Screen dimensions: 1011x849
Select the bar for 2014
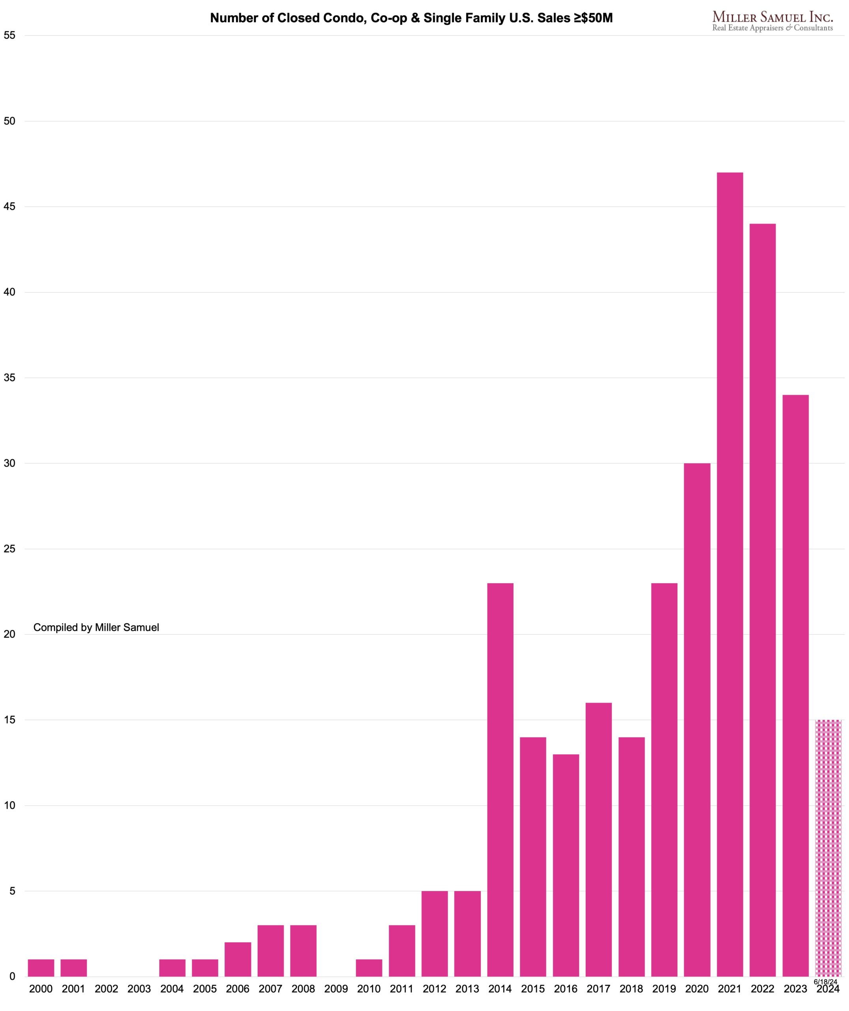click(500, 780)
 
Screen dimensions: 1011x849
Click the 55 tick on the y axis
click(9, 35)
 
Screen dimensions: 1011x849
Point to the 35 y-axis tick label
click(9, 378)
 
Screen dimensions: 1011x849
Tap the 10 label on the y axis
click(9, 805)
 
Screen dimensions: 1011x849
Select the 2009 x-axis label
click(336, 989)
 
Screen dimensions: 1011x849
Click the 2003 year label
click(139, 989)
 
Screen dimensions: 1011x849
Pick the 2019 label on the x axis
click(664, 989)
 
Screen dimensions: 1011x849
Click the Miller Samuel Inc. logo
click(772, 22)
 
